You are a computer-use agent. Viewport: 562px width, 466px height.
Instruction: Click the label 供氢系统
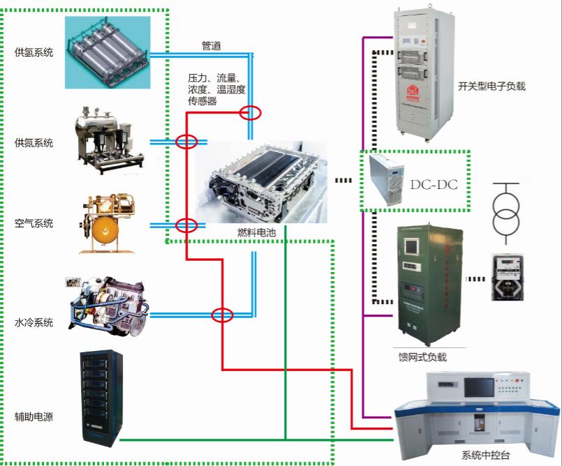34,52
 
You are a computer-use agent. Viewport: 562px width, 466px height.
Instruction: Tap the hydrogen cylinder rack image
108,52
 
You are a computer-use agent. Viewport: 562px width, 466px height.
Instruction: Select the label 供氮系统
34,143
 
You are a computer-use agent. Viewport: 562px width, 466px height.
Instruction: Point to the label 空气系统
34,224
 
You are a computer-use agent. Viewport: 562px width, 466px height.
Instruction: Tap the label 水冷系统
34,322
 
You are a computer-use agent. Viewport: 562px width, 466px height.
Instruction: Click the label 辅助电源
34,417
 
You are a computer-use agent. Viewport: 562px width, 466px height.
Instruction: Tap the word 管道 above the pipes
212,45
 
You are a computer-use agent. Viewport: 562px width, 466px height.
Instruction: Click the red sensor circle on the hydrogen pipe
250,112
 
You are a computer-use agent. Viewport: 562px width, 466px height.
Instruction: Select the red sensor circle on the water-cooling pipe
222,315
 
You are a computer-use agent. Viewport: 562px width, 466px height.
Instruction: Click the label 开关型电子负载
491,87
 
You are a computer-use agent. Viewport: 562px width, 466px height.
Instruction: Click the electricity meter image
508,278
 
